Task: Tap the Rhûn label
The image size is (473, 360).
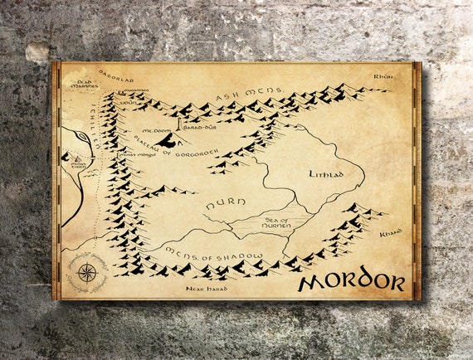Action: (381, 76)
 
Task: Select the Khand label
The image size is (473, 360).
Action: (390, 233)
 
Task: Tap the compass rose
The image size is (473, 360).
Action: (86, 272)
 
